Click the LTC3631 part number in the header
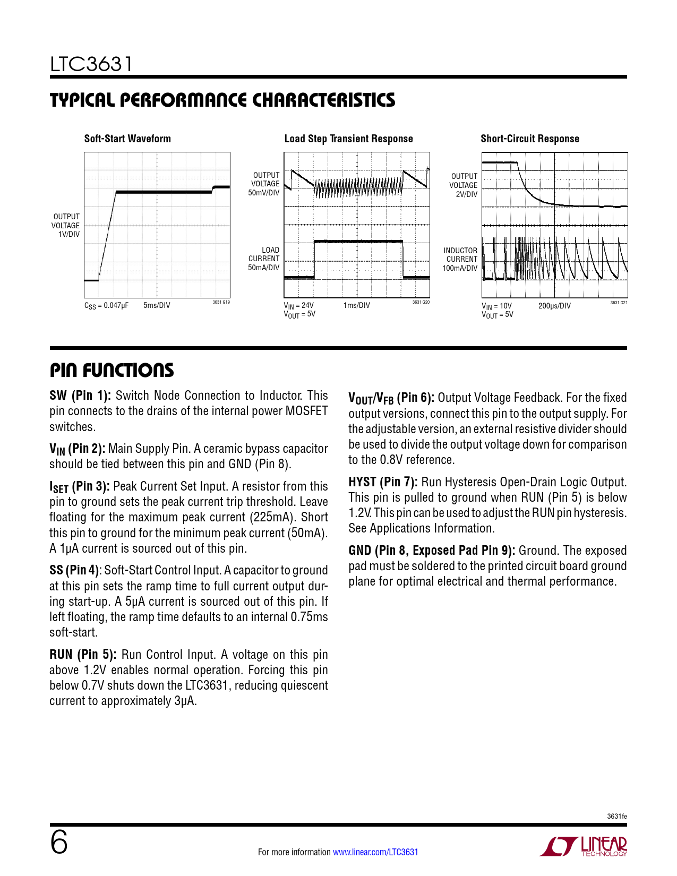click(91, 64)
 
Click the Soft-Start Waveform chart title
click(127, 139)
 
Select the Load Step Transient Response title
click(348, 139)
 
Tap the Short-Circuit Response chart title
click(529, 139)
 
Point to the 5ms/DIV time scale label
click(157, 305)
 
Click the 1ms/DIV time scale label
click(356, 305)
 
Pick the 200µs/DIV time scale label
click(554, 306)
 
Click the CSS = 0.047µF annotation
click(106, 306)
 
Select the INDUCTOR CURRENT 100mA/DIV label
click(460, 259)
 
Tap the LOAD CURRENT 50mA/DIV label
click(264, 259)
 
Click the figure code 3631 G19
click(221, 302)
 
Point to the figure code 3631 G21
click(619, 303)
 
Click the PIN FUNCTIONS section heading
click(112, 370)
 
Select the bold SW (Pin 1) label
click(80, 396)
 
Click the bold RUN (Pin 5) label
click(83, 655)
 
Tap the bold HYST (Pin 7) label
click(383, 482)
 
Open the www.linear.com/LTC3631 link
click(375, 852)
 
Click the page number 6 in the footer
click(59, 843)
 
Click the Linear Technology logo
click(584, 846)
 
